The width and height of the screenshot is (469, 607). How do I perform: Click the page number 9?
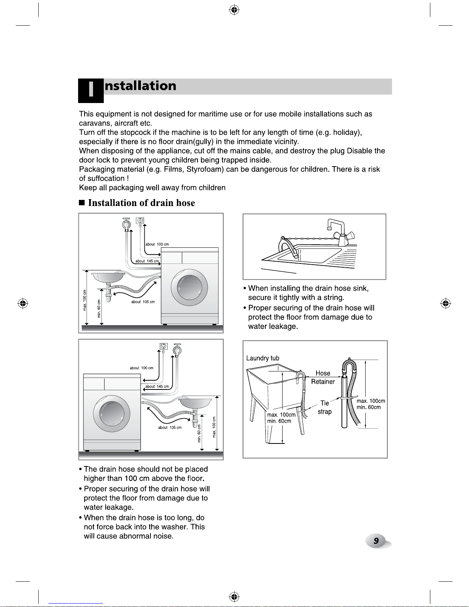coord(376,541)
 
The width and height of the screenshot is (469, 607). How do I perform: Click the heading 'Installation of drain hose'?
coord(141,203)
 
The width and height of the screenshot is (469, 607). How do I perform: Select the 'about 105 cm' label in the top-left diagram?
coord(143,302)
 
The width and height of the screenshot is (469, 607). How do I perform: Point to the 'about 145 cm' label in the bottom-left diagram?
coord(157,386)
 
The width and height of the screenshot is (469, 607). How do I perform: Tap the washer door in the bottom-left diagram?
coord(112,414)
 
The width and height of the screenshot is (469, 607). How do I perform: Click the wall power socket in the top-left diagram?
coord(140,221)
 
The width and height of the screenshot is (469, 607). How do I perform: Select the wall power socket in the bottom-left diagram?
coord(163,346)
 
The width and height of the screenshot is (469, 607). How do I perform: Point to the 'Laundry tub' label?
coord(262,358)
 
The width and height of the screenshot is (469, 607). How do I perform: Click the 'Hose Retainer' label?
coord(323,377)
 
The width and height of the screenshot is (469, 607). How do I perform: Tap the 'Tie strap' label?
coord(325,407)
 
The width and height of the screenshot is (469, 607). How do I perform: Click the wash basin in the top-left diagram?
coord(108,277)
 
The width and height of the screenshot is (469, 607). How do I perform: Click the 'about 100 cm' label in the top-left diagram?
coord(157,244)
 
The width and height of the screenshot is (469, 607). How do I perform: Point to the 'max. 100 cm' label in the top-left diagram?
coord(85,300)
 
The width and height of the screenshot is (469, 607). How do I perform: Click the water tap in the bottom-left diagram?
coord(177,349)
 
